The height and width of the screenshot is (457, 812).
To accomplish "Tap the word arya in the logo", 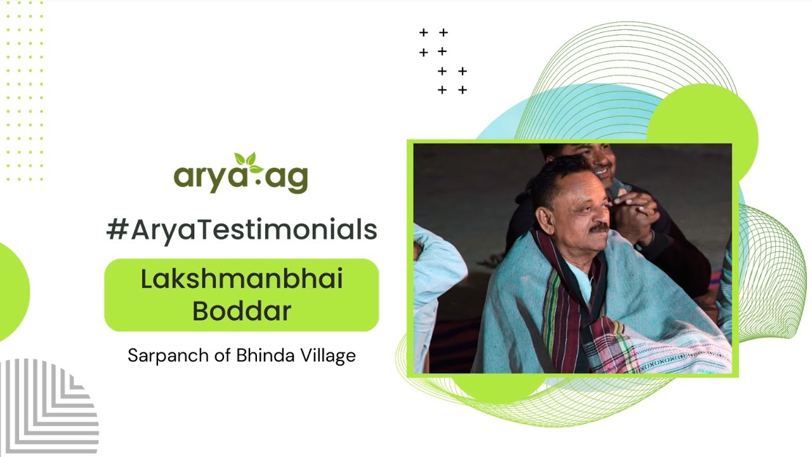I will [x=207, y=178].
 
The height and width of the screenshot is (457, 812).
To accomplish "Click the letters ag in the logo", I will [x=286, y=178].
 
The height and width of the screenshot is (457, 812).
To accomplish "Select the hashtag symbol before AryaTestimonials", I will [x=117, y=230].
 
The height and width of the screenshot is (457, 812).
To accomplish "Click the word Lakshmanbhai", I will [x=241, y=279].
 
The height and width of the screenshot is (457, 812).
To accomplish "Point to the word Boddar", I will [x=241, y=311].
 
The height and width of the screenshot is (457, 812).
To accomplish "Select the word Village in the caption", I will [x=328, y=356].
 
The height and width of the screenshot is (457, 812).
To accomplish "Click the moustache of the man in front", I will [x=599, y=227].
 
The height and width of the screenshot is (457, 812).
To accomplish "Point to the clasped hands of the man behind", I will [x=632, y=213].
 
